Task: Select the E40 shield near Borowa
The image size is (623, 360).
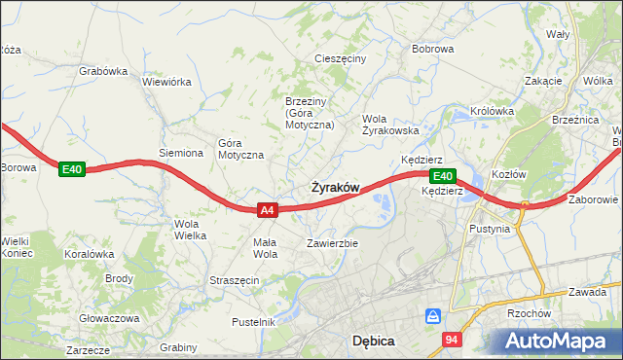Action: click(72, 169)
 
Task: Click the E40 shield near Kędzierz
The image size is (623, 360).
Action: click(442, 176)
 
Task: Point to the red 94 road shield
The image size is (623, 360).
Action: click(452, 340)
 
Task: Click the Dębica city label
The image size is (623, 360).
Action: click(372, 341)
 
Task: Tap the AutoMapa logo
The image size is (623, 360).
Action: click(561, 341)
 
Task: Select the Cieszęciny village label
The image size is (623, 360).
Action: click(340, 58)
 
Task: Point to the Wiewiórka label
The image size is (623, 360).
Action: click(166, 82)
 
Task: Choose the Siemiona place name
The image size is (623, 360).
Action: click(181, 153)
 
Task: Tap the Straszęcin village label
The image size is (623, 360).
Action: click(234, 280)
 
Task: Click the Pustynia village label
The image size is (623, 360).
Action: click(490, 230)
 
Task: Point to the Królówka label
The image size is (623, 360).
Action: click(492, 111)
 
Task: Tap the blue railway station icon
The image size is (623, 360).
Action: click(434, 316)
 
